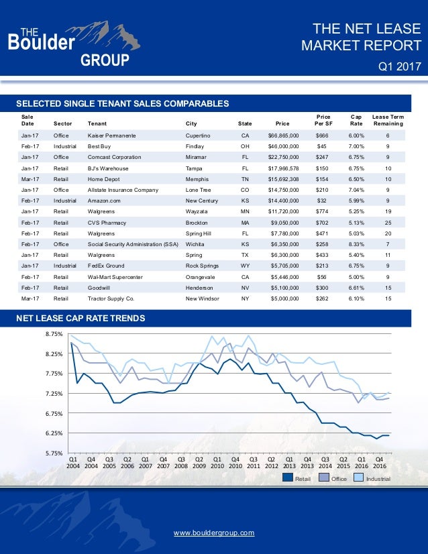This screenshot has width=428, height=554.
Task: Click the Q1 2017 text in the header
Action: tap(398, 66)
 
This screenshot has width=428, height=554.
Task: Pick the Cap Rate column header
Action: tap(356, 119)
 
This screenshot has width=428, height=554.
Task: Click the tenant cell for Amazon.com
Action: tap(105, 201)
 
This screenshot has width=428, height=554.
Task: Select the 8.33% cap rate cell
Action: tap(356, 243)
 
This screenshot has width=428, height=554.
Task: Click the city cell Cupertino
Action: tap(198, 136)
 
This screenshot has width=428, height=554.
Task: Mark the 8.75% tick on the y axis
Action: tap(53, 333)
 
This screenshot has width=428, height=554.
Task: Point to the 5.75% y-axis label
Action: tap(53, 453)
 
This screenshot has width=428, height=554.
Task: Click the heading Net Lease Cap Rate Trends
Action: tap(81, 317)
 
